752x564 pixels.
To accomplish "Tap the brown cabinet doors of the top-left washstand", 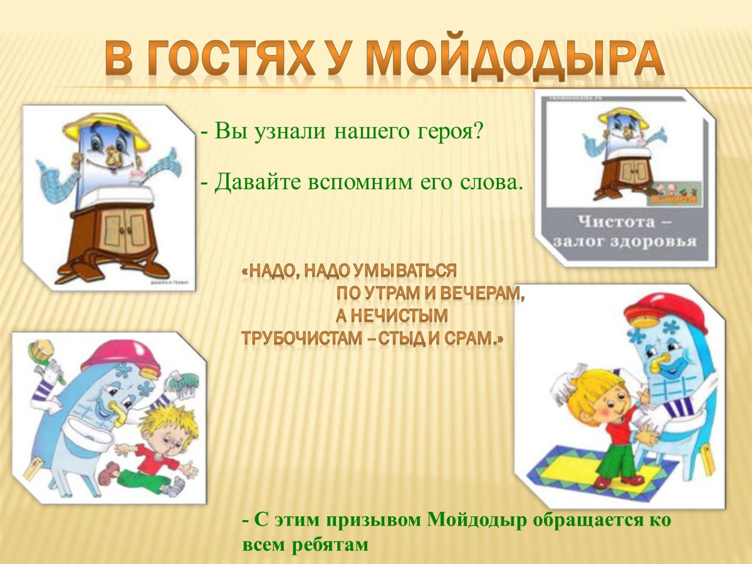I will tap(125, 226).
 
